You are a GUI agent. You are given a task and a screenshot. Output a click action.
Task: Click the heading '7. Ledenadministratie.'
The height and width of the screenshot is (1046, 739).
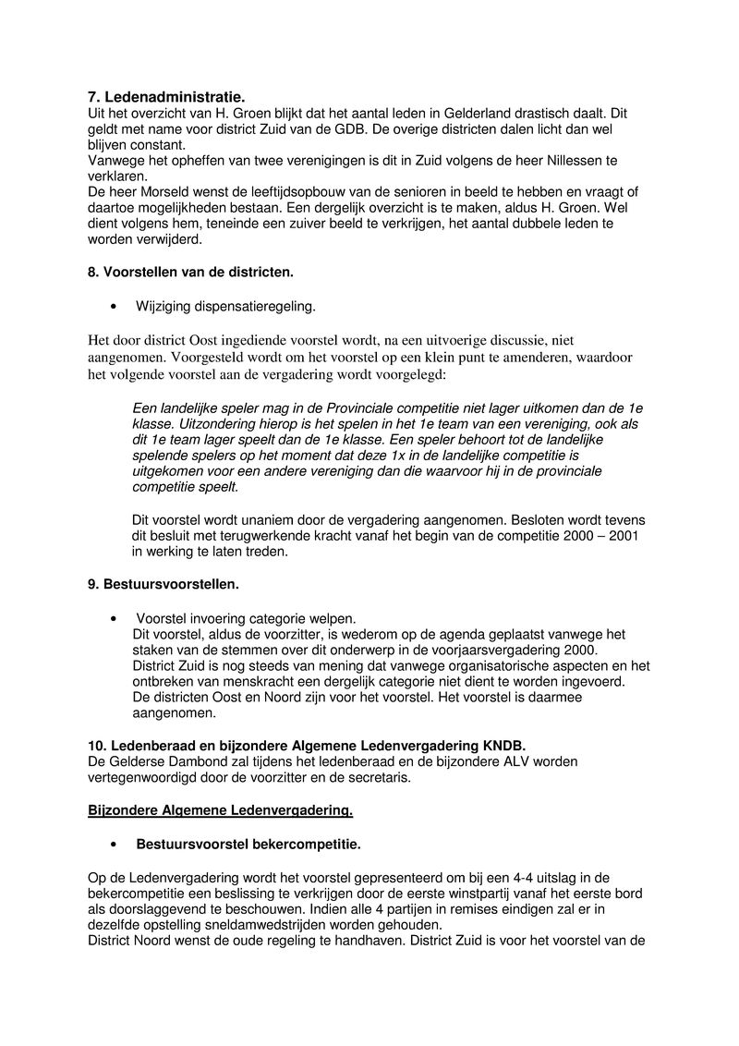167,96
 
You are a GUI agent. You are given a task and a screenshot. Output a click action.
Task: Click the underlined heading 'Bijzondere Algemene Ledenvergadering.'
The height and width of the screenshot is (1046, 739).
220,810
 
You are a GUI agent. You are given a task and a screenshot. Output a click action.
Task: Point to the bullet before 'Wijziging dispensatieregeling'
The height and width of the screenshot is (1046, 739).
113,306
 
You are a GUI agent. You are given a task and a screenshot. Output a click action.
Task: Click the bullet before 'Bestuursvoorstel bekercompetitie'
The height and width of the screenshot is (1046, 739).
113,845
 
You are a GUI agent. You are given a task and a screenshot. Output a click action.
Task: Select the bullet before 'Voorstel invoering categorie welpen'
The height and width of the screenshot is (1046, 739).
113,618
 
